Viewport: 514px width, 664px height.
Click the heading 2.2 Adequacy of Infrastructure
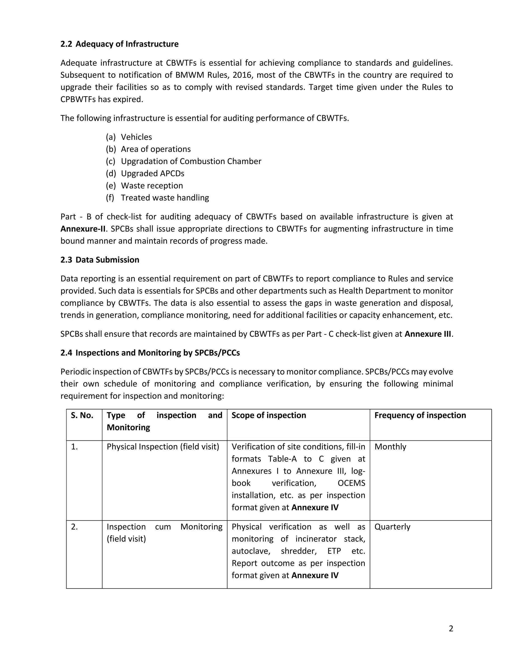(119, 44)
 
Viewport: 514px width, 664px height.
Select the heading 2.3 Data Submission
(100, 260)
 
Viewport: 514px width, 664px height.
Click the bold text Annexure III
(427, 334)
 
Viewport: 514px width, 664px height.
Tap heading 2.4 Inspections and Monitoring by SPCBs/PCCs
(150, 353)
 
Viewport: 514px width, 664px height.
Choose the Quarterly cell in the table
(392, 527)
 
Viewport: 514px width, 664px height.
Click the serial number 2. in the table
(74, 527)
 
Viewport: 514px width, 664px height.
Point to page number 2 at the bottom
(451, 628)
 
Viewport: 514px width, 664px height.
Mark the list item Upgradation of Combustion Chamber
(191, 161)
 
